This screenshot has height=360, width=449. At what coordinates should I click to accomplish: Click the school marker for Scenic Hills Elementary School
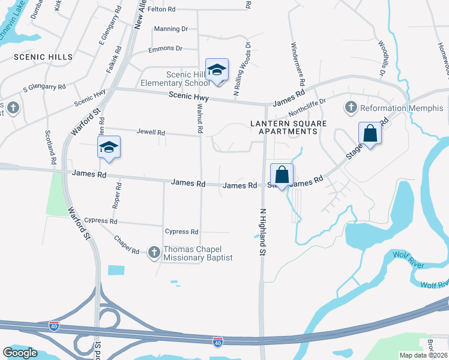point(217,70)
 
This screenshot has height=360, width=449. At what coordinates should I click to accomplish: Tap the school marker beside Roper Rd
point(109,147)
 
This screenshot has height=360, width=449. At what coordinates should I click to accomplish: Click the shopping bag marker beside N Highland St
point(282,175)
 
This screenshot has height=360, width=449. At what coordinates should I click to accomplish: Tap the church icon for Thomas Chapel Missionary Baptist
point(154,253)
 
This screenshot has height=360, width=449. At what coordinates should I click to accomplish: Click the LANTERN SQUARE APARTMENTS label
point(284,127)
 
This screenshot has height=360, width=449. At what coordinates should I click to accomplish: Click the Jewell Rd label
point(151,131)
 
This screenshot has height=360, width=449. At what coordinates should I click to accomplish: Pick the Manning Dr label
point(171,29)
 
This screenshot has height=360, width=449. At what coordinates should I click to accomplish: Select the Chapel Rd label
point(126,244)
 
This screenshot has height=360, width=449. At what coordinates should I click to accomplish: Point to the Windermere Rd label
point(298,63)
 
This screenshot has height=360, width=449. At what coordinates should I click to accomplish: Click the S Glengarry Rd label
point(44,88)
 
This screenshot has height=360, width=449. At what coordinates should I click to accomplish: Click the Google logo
point(20,352)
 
